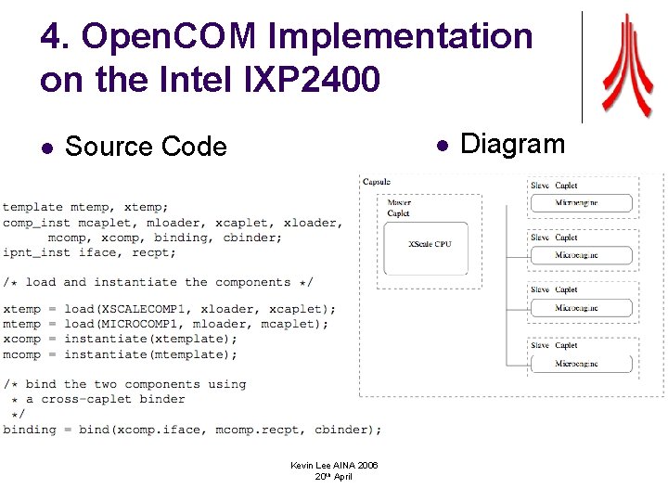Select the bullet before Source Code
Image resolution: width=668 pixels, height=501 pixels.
tap(47, 148)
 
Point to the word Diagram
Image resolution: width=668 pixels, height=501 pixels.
tap(512, 144)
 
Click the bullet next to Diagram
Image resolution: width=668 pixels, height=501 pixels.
tap(443, 145)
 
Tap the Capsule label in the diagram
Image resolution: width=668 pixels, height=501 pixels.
tap(376, 182)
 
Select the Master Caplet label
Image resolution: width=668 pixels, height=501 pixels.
tap(399, 208)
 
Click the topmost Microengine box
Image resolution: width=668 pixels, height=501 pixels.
tap(581, 202)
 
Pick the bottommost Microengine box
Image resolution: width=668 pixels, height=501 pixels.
tap(581, 363)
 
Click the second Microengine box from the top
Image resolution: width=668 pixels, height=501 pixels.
tap(581, 254)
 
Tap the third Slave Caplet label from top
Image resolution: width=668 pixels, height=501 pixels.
tap(555, 290)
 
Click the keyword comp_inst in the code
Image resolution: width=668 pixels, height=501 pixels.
tap(36, 223)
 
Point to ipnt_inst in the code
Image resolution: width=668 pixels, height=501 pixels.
tap(36, 252)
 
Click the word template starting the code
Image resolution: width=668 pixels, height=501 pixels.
tap(32, 207)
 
